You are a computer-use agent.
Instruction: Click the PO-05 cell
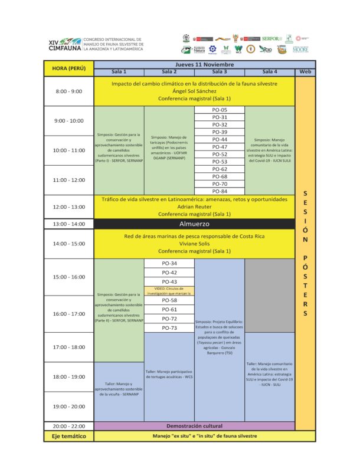point(220,110)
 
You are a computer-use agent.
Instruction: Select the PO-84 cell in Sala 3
point(220,191)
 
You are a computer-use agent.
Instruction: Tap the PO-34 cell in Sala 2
point(169,263)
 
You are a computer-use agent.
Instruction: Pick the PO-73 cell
point(169,327)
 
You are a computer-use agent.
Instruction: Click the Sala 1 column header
point(119,71)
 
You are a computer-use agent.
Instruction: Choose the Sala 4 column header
point(270,71)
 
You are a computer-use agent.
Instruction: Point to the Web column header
point(305,71)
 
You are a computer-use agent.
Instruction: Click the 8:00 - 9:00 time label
point(68,91)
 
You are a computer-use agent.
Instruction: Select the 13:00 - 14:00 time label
point(68,224)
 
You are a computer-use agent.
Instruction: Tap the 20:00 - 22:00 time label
point(68,425)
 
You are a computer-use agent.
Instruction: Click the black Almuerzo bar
point(194,224)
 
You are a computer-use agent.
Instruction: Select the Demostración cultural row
point(194,425)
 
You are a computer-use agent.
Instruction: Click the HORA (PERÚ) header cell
point(68,68)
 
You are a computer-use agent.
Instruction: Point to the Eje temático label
point(68,436)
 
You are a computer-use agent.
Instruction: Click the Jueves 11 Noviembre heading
point(204,64)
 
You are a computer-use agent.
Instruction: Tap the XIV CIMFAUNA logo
point(65,44)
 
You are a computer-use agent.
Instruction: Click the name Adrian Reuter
point(194,206)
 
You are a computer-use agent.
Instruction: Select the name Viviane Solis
point(194,244)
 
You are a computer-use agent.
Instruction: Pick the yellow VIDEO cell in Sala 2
point(169,291)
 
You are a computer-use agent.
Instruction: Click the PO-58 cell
point(169,300)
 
